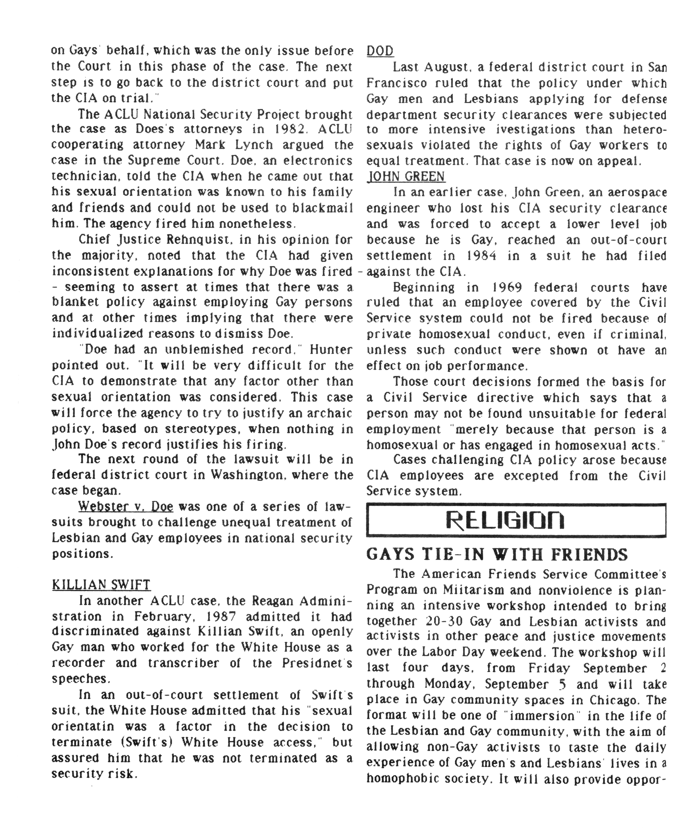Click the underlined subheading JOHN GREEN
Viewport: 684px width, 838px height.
pos(406,177)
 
